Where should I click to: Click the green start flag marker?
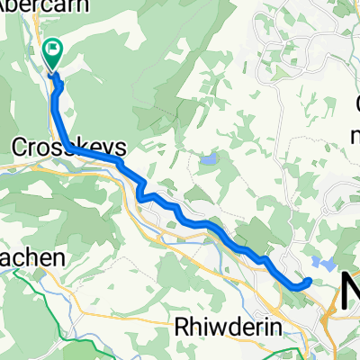click(52, 55)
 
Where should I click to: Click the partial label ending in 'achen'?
click(31, 257)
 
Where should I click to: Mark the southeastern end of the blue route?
click(309, 282)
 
